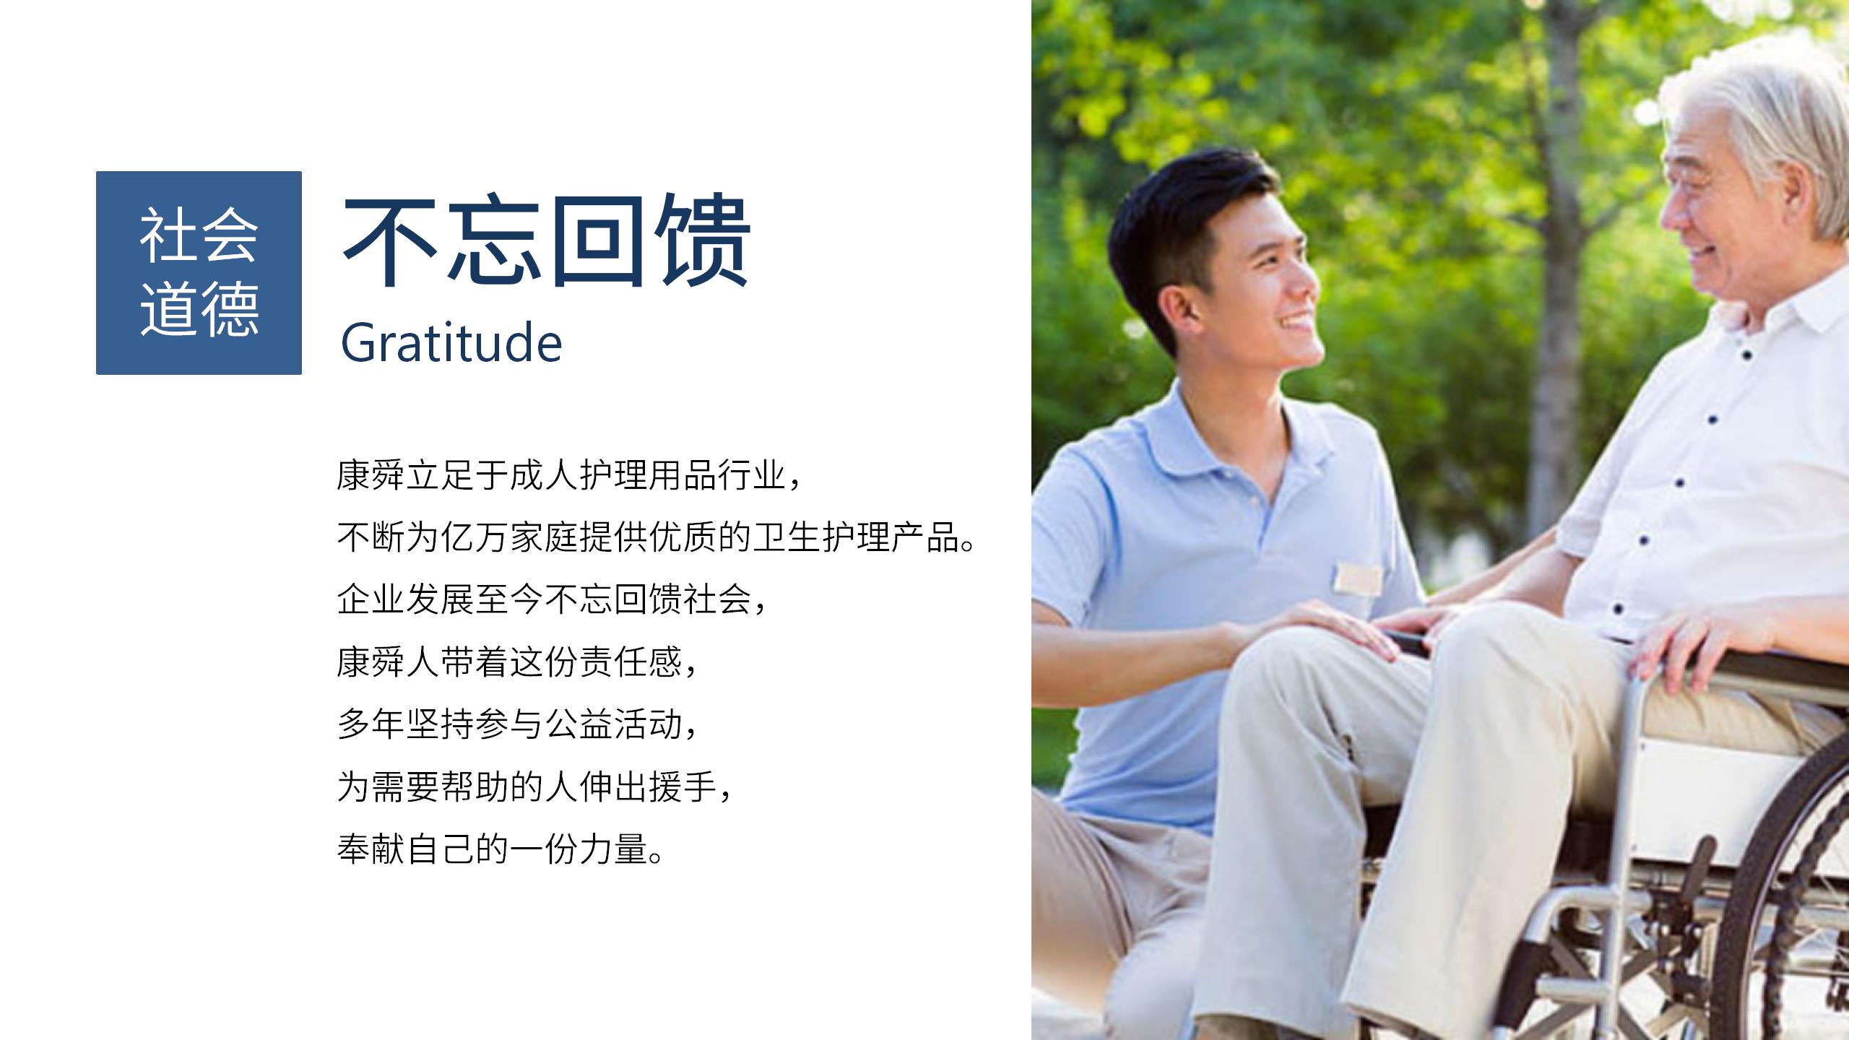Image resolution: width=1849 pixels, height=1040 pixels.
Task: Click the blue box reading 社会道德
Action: click(x=199, y=273)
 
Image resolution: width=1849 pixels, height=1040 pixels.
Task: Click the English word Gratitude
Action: click(x=451, y=342)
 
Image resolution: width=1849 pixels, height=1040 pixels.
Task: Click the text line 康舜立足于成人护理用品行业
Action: click(x=570, y=476)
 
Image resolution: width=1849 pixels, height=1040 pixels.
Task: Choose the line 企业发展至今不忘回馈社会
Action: click(x=553, y=599)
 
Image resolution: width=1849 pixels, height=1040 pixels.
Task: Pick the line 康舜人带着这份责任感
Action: click(x=517, y=662)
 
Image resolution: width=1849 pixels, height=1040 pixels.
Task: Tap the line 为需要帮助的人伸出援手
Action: click(x=535, y=786)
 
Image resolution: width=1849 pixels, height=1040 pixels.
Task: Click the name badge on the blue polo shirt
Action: click(x=1359, y=578)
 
